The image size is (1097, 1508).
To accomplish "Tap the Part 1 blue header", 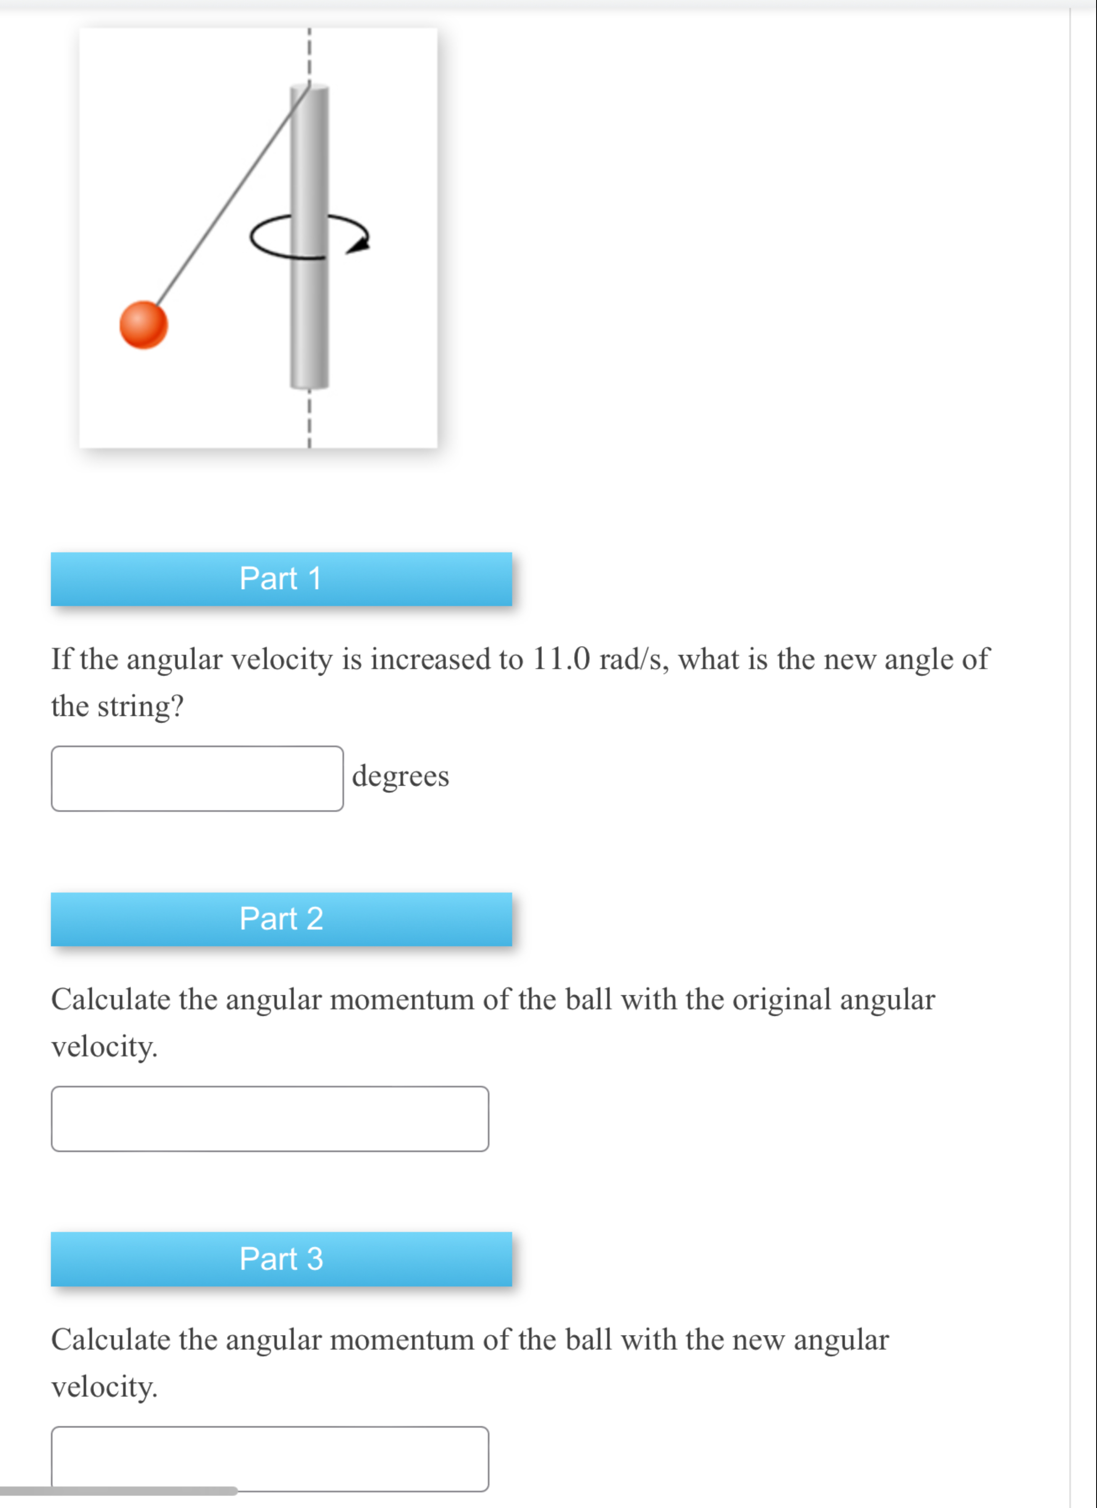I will pos(281,578).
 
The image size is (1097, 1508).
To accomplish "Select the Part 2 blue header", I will pos(281,919).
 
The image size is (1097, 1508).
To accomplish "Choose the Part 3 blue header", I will pos(281,1258).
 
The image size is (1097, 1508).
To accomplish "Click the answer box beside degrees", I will pos(197,778).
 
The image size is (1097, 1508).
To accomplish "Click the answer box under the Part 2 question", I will pos(270,1118).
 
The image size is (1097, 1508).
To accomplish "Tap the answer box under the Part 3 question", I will pos(270,1458).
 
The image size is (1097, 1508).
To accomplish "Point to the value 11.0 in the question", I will pos(561,659).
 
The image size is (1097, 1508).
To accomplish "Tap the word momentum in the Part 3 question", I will pos(402,1340).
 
